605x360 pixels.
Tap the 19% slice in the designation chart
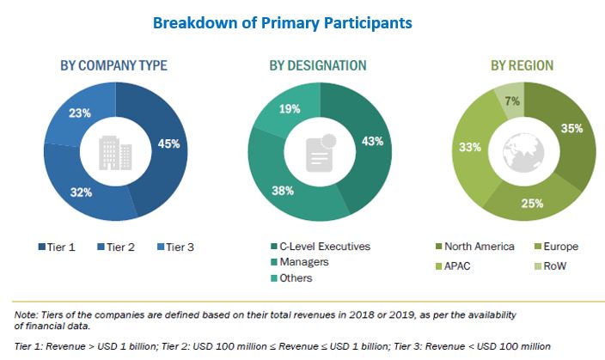(289, 108)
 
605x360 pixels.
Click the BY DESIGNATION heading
(317, 65)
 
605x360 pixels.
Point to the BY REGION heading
(522, 65)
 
